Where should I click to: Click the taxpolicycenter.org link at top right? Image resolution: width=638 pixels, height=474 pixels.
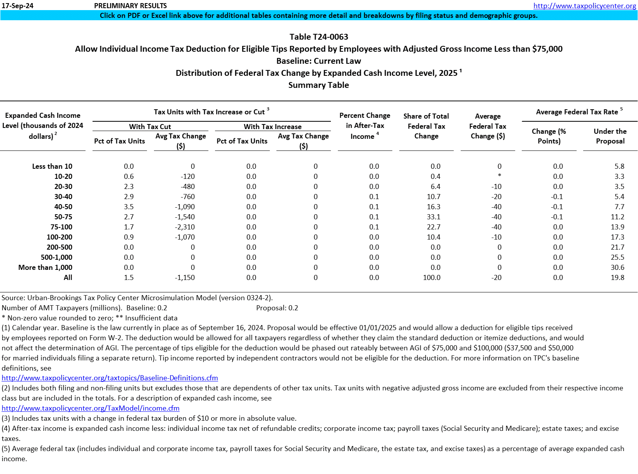tap(584, 6)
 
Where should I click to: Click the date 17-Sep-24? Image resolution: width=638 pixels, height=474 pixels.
tap(17, 6)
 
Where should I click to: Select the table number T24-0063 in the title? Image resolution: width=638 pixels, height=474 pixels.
tap(330, 37)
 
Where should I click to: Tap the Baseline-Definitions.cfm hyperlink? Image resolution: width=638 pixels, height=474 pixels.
tap(110, 378)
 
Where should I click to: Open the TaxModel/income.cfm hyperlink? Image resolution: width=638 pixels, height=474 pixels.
tap(91, 408)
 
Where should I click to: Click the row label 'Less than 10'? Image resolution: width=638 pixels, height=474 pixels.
tap(52, 166)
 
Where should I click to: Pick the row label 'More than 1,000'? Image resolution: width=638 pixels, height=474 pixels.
tap(45, 268)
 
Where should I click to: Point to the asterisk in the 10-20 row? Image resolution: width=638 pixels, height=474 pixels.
tap(500, 176)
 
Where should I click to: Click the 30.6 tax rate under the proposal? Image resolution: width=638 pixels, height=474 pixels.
tap(617, 268)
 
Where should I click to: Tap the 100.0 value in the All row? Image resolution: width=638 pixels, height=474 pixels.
tap(432, 278)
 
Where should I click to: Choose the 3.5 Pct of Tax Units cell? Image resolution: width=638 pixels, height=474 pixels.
tap(129, 207)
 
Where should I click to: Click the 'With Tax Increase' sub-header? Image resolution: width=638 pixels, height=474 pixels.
tap(273, 127)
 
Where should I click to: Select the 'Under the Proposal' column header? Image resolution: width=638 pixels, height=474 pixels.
tap(610, 136)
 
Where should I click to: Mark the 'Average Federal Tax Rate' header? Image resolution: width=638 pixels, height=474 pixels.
tap(577, 112)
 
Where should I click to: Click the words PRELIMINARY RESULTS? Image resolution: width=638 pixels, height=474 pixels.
tap(130, 6)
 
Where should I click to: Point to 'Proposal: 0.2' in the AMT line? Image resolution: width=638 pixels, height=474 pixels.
tap(277, 308)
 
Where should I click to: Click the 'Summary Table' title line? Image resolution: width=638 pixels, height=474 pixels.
tap(318, 85)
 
